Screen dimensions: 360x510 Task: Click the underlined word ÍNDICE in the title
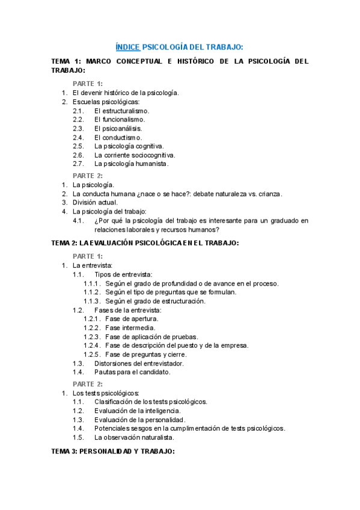coord(127,47)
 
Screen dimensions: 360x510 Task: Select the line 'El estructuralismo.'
coord(122,111)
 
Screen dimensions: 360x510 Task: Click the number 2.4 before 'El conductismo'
coord(78,137)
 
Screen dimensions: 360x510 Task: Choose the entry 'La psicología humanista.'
coord(132,164)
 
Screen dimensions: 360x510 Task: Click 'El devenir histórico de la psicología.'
coord(126,93)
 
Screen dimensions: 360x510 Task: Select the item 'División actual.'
coord(95,203)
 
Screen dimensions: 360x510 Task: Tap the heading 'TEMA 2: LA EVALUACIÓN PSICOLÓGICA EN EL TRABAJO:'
coord(145,243)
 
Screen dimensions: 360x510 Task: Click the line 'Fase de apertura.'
coord(132,319)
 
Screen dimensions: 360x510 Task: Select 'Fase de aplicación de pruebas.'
coord(151,337)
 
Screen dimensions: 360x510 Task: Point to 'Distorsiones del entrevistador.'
coord(139,363)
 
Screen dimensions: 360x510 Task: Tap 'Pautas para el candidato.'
coord(132,372)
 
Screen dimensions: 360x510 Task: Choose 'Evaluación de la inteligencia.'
coord(138,410)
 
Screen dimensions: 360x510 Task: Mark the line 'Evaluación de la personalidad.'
coord(139,419)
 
